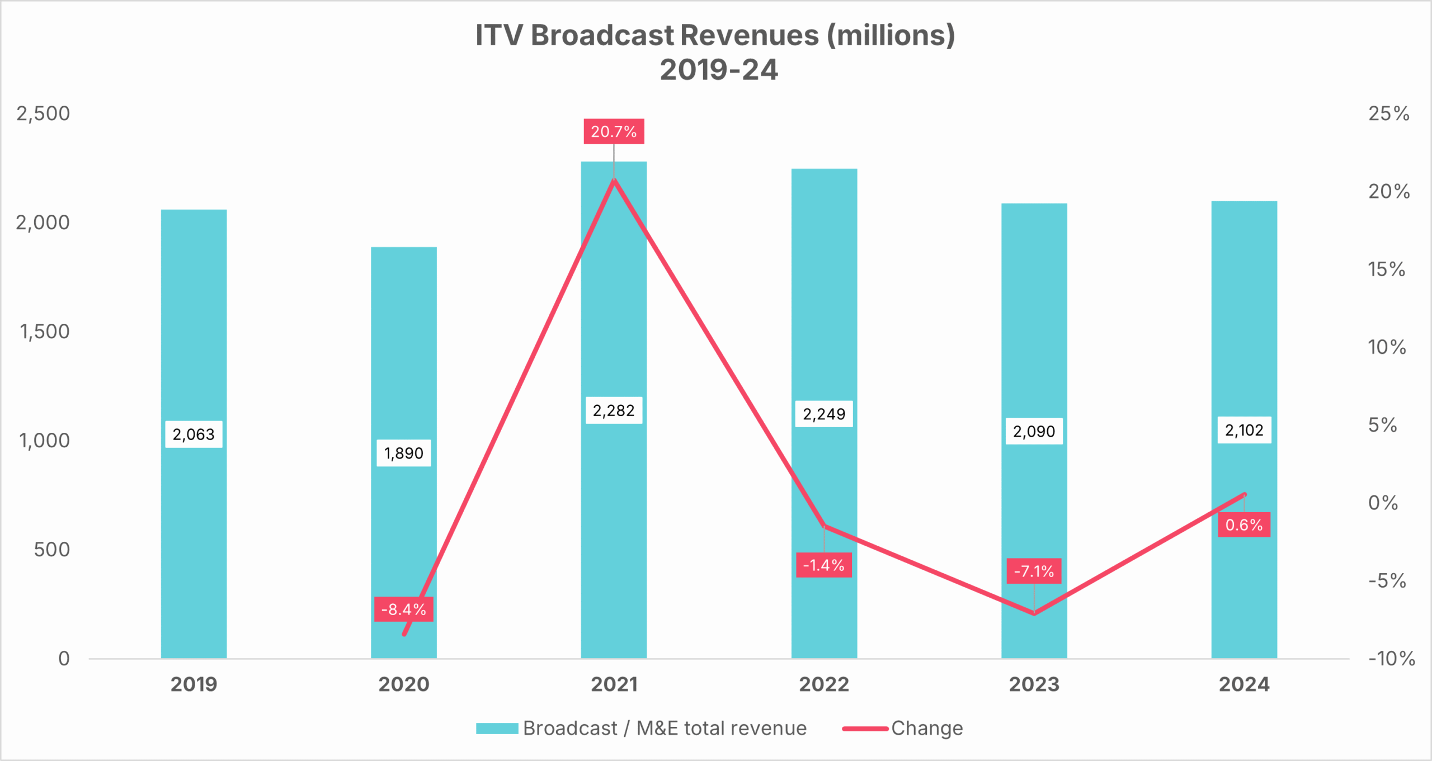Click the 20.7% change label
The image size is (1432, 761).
point(614,131)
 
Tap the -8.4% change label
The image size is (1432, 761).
point(403,609)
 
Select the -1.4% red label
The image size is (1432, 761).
point(823,565)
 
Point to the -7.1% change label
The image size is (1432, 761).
point(1034,571)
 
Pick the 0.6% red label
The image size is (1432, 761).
point(1243,525)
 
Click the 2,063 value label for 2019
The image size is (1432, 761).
point(194,434)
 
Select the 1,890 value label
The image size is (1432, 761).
point(403,453)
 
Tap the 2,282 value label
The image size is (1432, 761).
point(614,411)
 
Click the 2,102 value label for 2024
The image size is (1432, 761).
point(1244,431)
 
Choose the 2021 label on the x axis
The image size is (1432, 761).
point(614,684)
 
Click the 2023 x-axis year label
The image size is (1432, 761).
point(1034,684)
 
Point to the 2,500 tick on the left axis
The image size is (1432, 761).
point(43,114)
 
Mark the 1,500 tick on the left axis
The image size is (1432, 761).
point(45,332)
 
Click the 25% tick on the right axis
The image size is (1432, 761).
point(1388,114)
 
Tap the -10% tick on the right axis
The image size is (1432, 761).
point(1391,659)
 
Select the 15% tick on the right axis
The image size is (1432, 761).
point(1386,270)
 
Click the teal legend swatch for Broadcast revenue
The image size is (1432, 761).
point(497,729)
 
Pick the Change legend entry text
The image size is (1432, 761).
point(927,729)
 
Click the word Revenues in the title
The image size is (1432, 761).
point(750,35)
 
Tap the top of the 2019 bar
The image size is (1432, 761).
point(194,210)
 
